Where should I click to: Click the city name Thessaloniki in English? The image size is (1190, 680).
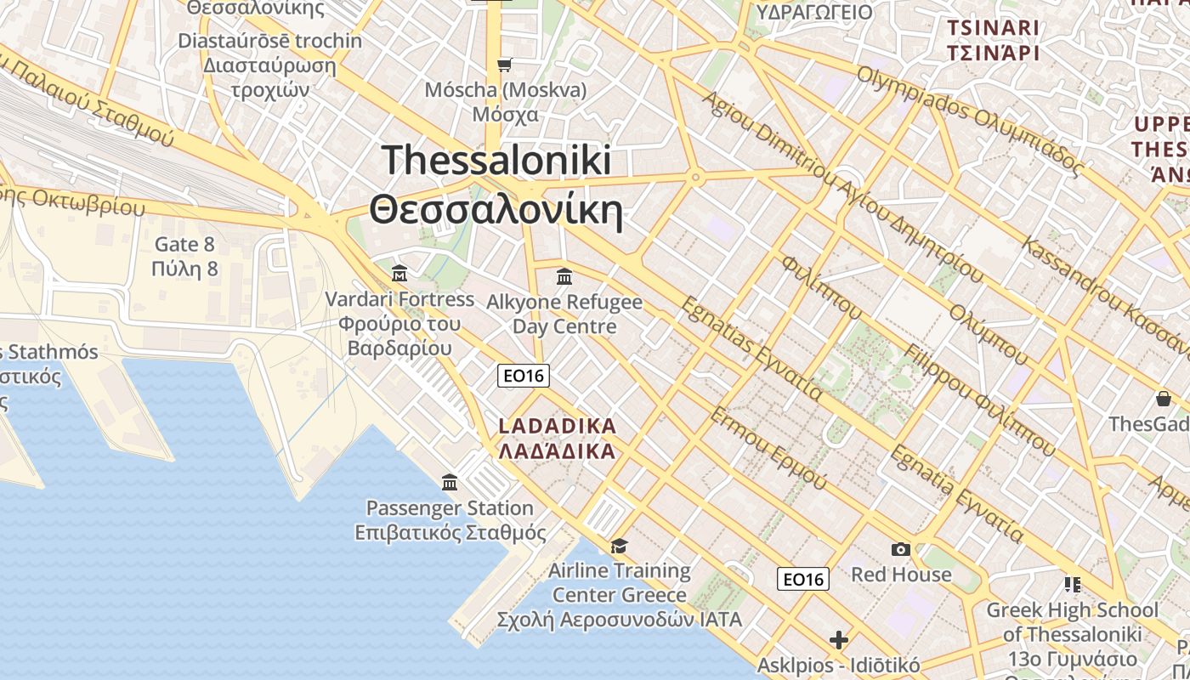point(496,160)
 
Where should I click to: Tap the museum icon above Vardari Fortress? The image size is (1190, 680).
point(399,274)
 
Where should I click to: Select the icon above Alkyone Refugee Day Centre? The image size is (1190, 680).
point(564,276)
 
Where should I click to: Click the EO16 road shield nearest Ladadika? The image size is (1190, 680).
point(524,375)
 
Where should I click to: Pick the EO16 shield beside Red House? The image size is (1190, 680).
point(802,579)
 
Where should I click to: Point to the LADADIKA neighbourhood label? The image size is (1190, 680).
point(557,426)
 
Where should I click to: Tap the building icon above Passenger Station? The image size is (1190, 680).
point(450,483)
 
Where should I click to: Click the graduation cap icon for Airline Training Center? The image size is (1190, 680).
point(619,546)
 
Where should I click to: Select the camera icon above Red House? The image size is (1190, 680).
point(900,550)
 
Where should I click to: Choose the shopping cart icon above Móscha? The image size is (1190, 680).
point(505,65)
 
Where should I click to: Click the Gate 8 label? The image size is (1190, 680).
point(184,245)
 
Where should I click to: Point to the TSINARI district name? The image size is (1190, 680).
point(994,28)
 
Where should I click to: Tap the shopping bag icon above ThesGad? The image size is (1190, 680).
point(1163,398)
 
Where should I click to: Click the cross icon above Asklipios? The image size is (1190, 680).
point(839,639)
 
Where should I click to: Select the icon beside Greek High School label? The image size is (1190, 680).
point(1072,585)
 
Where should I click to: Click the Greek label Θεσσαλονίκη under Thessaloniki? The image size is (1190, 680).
point(496,209)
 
